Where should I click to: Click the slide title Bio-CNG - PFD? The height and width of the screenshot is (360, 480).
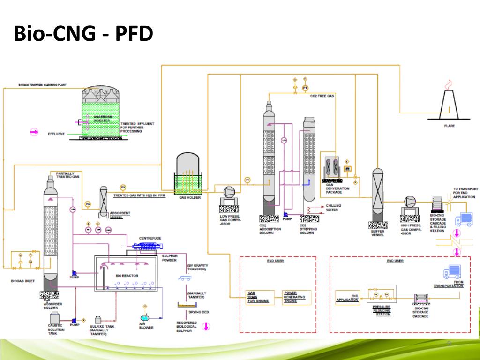click(83, 34)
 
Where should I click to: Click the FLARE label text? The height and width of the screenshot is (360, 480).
click(449, 126)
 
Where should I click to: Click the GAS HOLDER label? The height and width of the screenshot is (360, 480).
click(190, 198)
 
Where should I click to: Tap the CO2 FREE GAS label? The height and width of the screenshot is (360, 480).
click(322, 96)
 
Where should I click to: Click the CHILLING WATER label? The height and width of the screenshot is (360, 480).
click(334, 208)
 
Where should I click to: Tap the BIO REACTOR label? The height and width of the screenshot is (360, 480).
click(126, 276)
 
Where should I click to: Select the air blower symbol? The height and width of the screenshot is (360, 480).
click(146, 310)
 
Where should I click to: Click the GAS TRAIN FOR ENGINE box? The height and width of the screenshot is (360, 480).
click(258, 297)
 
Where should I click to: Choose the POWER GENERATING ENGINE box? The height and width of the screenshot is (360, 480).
click(294, 297)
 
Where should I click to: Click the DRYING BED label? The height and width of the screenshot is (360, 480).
click(199, 312)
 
